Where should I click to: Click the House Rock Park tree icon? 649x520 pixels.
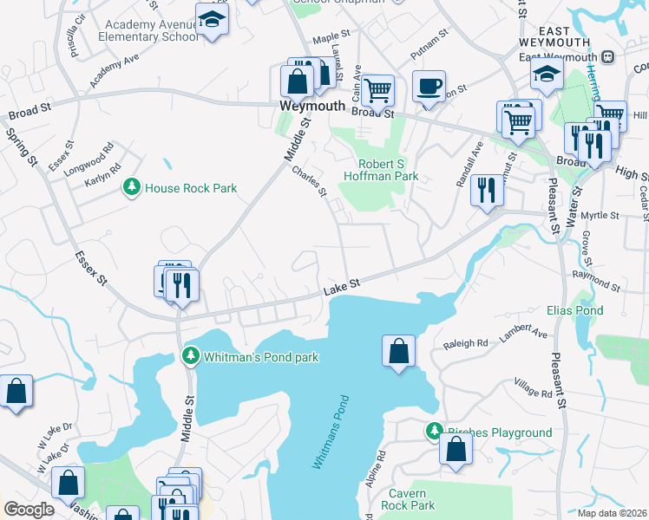point(132,187)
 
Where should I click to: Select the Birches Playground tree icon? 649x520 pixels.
point(434,431)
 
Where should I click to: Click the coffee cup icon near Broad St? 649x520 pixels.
point(429,87)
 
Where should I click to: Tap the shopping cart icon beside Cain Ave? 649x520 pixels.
point(378,89)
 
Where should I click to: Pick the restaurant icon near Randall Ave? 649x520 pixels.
point(487,190)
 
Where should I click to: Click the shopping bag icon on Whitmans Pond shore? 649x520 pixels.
point(398,351)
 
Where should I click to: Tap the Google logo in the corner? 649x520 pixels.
point(29,509)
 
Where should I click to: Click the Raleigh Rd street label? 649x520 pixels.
point(466,343)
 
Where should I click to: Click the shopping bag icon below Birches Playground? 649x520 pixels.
point(456,451)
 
